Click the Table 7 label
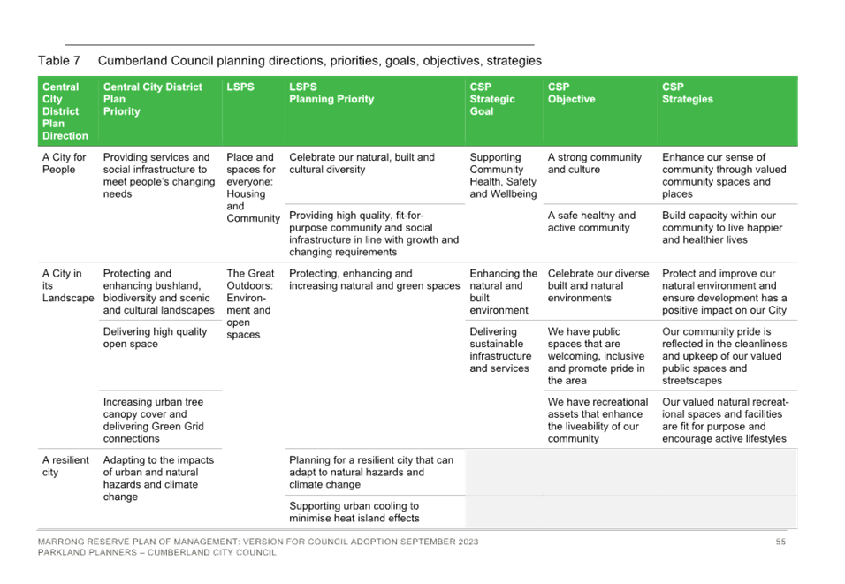point(58,60)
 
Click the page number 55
point(780,542)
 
